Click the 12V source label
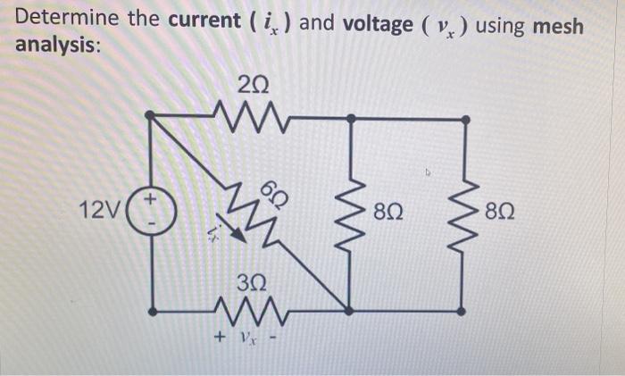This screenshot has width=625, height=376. pyautogui.click(x=96, y=212)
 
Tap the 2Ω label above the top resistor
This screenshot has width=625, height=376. pyautogui.click(x=253, y=86)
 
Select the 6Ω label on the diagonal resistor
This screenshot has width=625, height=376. pyautogui.click(x=274, y=190)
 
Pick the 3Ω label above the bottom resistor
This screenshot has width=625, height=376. pyautogui.click(x=253, y=285)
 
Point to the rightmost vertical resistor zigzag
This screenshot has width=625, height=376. pyautogui.click(x=464, y=213)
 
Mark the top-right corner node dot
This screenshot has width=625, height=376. pyautogui.click(x=464, y=116)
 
